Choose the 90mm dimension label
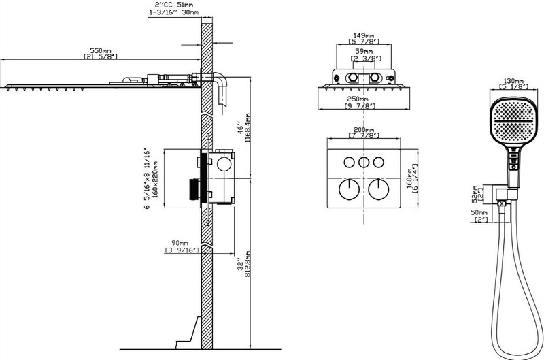pyautogui.click(x=179, y=243)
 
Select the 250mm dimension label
pyautogui.click(x=364, y=101)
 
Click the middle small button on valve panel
pyautogui.click(x=364, y=162)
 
